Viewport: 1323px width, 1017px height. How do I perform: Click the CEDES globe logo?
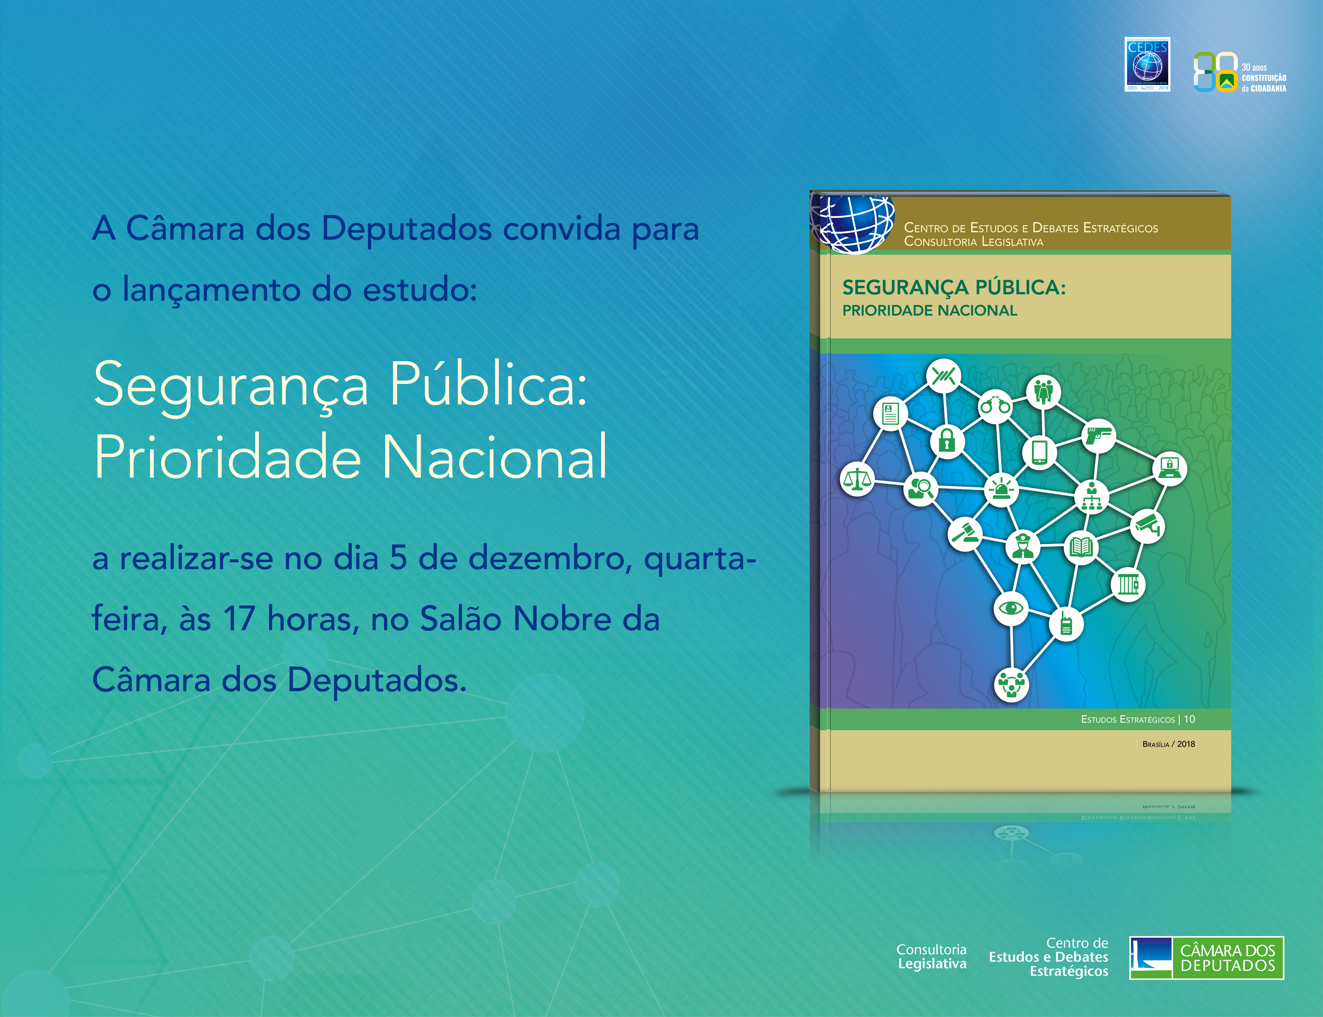coord(1147,64)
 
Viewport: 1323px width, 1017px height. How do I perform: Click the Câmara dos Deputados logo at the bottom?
coord(1206,958)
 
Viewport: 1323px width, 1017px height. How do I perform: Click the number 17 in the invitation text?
coord(239,619)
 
